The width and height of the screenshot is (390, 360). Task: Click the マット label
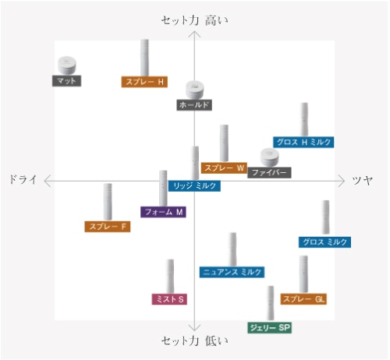[66, 81]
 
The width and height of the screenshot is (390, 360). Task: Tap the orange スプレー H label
[144, 82]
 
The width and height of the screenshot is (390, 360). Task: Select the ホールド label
[194, 105]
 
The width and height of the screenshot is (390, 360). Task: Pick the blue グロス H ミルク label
[303, 142]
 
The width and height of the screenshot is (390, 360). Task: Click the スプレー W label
[224, 168]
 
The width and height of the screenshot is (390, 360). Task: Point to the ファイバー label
[269, 172]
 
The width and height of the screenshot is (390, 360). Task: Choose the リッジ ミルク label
[194, 186]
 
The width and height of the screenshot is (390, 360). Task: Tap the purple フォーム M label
[163, 212]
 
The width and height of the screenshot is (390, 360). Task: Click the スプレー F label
[108, 227]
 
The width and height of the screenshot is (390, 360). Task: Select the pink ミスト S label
[169, 299]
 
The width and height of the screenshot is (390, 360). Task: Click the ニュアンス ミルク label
[232, 272]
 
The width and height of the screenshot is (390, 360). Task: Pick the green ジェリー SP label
[269, 327]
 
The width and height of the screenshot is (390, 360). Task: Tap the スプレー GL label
[303, 299]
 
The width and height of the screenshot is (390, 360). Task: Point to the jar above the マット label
[67, 65]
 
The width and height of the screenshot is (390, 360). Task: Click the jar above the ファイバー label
[270, 157]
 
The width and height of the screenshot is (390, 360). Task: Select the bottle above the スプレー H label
[144, 58]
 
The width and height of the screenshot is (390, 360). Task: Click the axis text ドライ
[23, 180]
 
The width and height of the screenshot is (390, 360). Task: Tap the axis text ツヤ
[363, 180]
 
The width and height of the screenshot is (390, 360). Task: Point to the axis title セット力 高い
[194, 20]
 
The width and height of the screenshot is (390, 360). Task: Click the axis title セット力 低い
[194, 341]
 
